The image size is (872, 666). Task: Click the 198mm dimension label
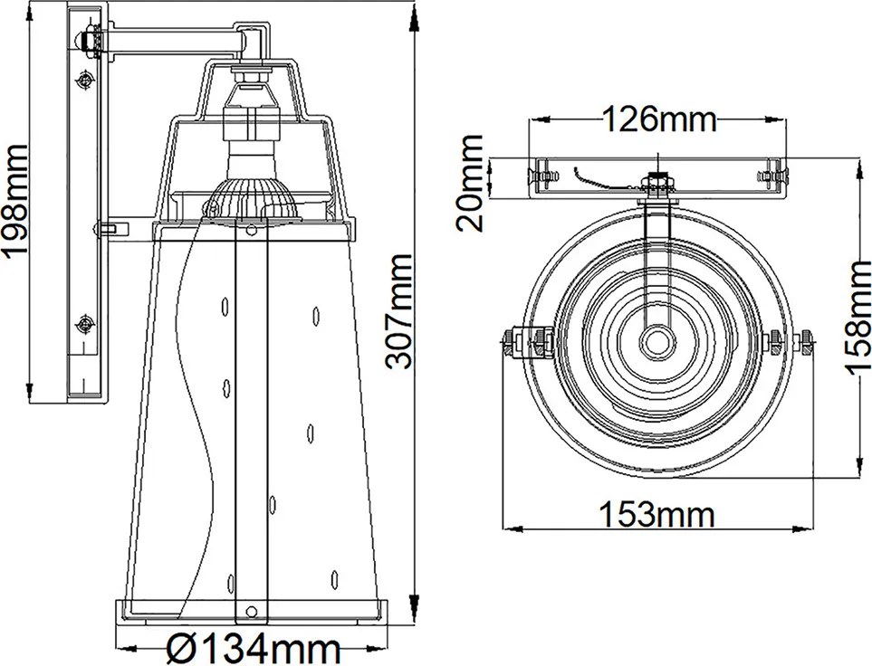[x=15, y=199]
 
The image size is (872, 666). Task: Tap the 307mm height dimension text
[x=398, y=310]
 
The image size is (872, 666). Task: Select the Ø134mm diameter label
[x=254, y=649]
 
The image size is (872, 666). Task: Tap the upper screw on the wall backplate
[x=85, y=81]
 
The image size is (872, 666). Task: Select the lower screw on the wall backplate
[x=85, y=323]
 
